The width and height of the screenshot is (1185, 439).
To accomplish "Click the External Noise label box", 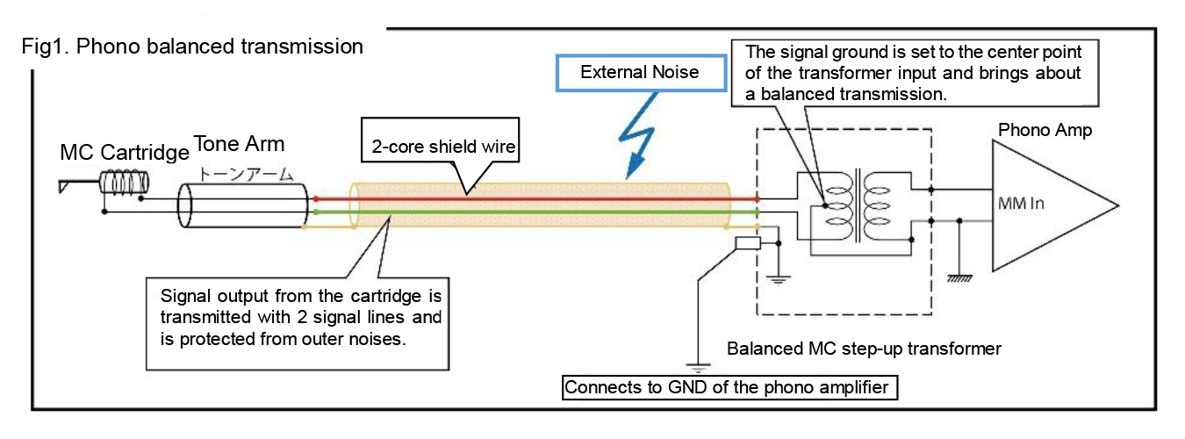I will tap(640, 72).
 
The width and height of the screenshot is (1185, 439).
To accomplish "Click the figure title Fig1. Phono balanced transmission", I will tap(192, 47).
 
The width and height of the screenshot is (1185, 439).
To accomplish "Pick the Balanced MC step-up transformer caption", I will tap(864, 349).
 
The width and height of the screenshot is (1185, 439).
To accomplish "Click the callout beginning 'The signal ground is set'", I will tap(913, 72).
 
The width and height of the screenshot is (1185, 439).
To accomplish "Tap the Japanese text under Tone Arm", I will tap(241, 174).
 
